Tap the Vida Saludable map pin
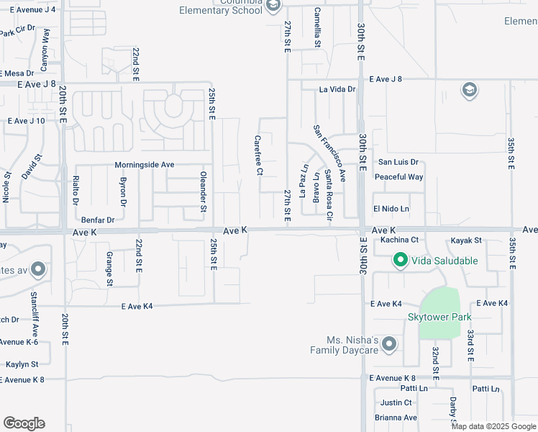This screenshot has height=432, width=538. [x=400, y=260]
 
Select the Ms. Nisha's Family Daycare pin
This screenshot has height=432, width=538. [x=389, y=345]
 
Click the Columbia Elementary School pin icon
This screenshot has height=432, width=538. [x=273, y=6]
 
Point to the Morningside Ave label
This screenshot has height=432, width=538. [x=145, y=165]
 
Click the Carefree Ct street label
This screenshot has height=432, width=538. [x=258, y=156]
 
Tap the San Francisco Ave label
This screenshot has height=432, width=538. [x=329, y=153]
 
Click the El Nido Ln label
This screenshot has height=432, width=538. [x=391, y=209]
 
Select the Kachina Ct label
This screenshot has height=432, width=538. [x=400, y=240]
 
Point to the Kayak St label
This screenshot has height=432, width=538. [x=466, y=240]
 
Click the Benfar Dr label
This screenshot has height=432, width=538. [x=98, y=220]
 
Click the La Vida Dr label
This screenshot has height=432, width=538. [x=338, y=89]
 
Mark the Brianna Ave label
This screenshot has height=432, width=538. [x=396, y=418]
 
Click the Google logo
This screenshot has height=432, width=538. [x=24, y=423]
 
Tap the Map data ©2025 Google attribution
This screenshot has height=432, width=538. [x=494, y=426]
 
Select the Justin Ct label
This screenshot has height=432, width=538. [x=396, y=402]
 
